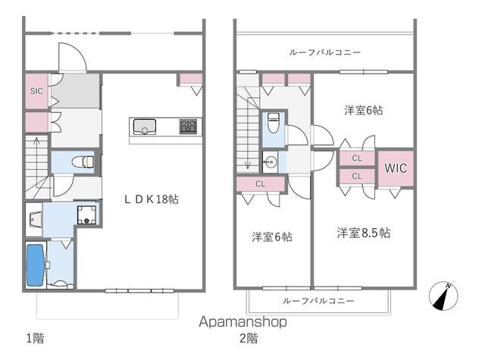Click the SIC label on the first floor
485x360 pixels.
coord(36,91)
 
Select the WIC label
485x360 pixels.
coord(395,167)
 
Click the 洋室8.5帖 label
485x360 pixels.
coord(364,233)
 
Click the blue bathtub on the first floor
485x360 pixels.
coord(35,265)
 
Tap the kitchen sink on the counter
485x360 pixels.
coord(144,125)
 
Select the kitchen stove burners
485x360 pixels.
coord(189,125)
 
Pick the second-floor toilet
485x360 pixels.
coord(273,124)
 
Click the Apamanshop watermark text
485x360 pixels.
coord(242,322)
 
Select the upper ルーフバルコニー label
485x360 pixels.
coord(324,52)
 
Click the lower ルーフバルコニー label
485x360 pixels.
coord(318,301)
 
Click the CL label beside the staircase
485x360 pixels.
coord(260,183)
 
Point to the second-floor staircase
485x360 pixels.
coord(248,129)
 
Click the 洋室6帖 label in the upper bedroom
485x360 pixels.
coord(364,110)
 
